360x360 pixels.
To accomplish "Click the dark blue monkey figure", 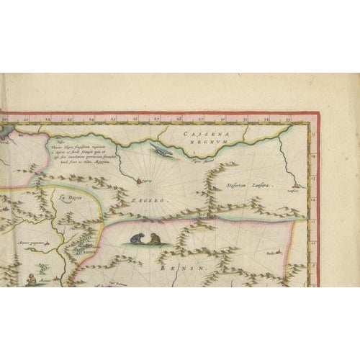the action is click(135, 240).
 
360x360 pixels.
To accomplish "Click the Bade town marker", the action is click(271, 253).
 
